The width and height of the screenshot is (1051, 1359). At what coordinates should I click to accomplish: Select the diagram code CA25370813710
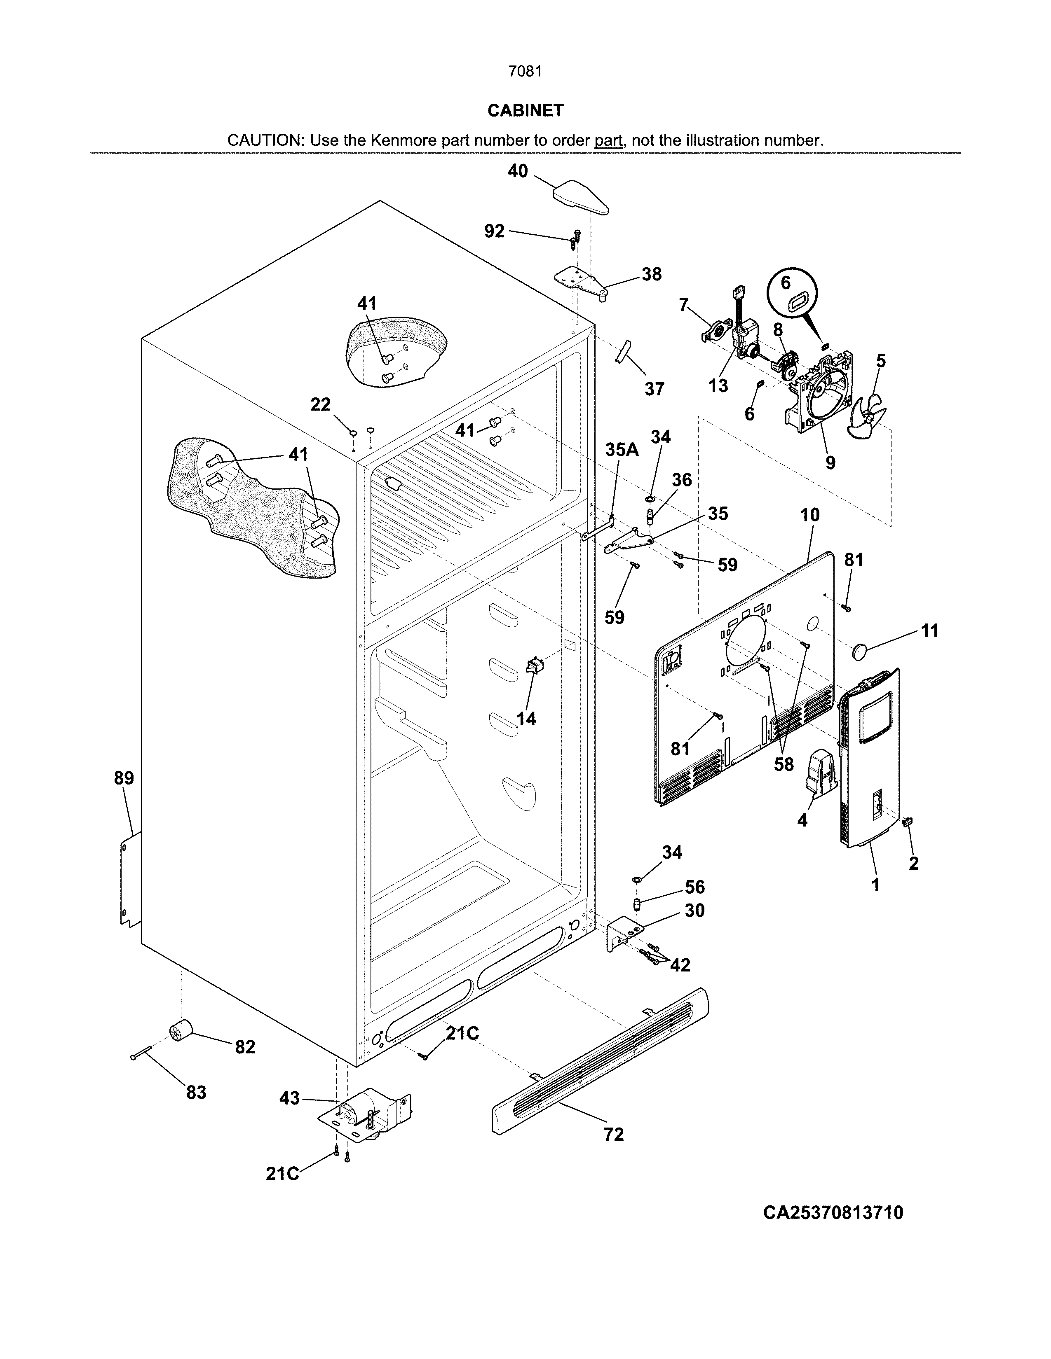point(833,1213)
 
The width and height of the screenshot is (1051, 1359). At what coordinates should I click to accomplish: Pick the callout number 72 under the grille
point(613,1135)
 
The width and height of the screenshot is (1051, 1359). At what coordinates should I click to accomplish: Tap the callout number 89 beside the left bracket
point(124,778)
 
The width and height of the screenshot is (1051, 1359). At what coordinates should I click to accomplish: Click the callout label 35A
point(622,450)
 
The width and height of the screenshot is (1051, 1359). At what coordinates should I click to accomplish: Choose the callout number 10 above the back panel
point(810,515)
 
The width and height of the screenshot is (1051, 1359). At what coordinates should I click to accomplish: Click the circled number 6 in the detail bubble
point(786,283)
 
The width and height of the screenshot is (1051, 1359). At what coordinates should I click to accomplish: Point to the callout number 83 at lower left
point(196,1092)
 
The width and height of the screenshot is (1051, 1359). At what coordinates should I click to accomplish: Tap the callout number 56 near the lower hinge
point(695,887)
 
